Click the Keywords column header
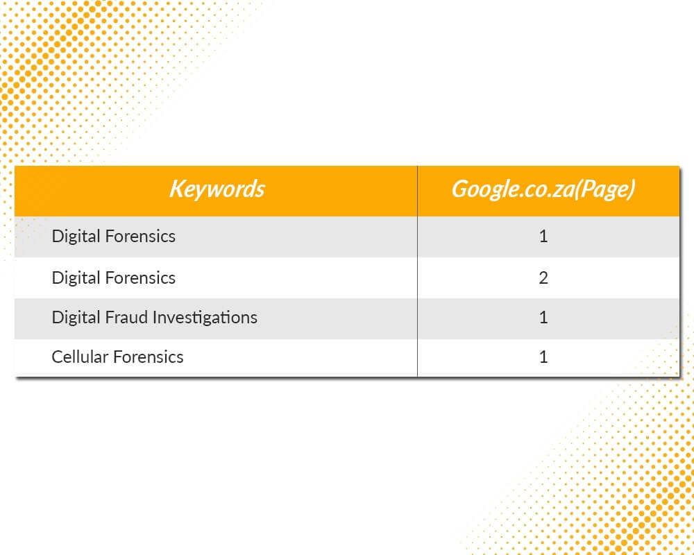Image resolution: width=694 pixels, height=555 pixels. point(217,189)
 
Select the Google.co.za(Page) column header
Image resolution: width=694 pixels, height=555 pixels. point(543,189)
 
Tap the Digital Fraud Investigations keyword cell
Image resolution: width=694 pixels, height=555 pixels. point(155,318)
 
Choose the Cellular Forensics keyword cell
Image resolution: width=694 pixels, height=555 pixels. point(117,357)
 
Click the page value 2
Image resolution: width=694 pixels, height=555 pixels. point(543,278)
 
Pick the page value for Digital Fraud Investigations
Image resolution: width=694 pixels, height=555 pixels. point(543,317)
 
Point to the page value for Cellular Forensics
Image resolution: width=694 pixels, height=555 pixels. point(543,357)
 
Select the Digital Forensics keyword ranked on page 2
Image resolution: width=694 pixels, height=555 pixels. point(114,278)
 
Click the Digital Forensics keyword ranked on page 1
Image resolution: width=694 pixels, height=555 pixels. point(114,237)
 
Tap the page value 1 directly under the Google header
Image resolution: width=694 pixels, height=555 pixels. point(543,237)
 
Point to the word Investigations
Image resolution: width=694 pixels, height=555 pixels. point(205,318)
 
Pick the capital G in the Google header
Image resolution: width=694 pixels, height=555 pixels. point(459,189)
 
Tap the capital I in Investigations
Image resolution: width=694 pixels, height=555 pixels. point(154,317)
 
